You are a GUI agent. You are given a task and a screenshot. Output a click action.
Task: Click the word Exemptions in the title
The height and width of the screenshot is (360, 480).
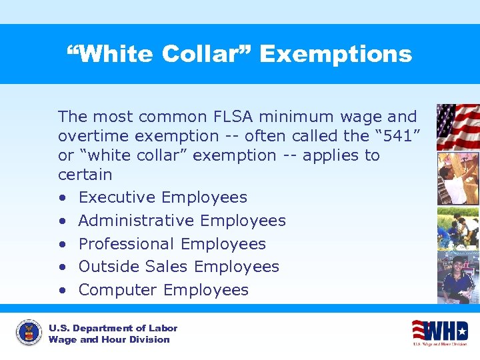click(x=335, y=54)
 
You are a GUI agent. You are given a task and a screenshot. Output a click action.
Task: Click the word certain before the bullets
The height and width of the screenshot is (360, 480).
click(x=85, y=175)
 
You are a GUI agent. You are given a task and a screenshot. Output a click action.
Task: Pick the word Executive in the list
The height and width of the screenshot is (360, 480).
click(x=117, y=197)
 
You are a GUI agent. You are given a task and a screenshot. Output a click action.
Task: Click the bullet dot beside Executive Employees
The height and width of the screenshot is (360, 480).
click(x=62, y=198)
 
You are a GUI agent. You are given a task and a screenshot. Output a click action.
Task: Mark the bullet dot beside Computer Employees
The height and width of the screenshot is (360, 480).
click(x=62, y=291)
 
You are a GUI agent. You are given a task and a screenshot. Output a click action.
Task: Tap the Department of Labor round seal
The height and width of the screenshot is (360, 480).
click(x=27, y=333)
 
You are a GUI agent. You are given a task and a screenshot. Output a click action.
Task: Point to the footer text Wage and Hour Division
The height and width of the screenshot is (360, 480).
click(x=109, y=339)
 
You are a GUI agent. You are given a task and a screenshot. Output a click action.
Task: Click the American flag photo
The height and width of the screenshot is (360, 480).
click(x=457, y=127)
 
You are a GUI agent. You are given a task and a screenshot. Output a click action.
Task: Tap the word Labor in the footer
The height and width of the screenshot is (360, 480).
click(x=164, y=328)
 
